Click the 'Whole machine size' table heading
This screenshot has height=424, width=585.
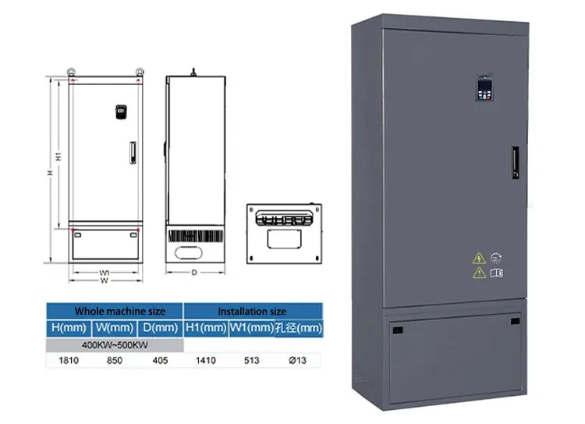pyautogui.click(x=114, y=310)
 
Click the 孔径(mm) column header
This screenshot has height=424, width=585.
pyautogui.click(x=298, y=328)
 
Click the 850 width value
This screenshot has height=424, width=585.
pyautogui.click(x=114, y=361)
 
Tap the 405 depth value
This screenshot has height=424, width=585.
pyautogui.click(x=161, y=361)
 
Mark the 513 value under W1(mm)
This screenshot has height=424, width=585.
pyautogui.click(x=251, y=361)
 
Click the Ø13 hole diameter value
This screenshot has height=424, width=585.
pyautogui.click(x=298, y=361)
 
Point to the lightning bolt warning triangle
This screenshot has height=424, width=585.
pyautogui.click(x=478, y=258)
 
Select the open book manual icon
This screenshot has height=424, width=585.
pyautogui.click(x=497, y=273)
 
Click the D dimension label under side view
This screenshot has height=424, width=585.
pyautogui.click(x=194, y=273)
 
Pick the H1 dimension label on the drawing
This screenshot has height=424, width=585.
pyautogui.click(x=58, y=156)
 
